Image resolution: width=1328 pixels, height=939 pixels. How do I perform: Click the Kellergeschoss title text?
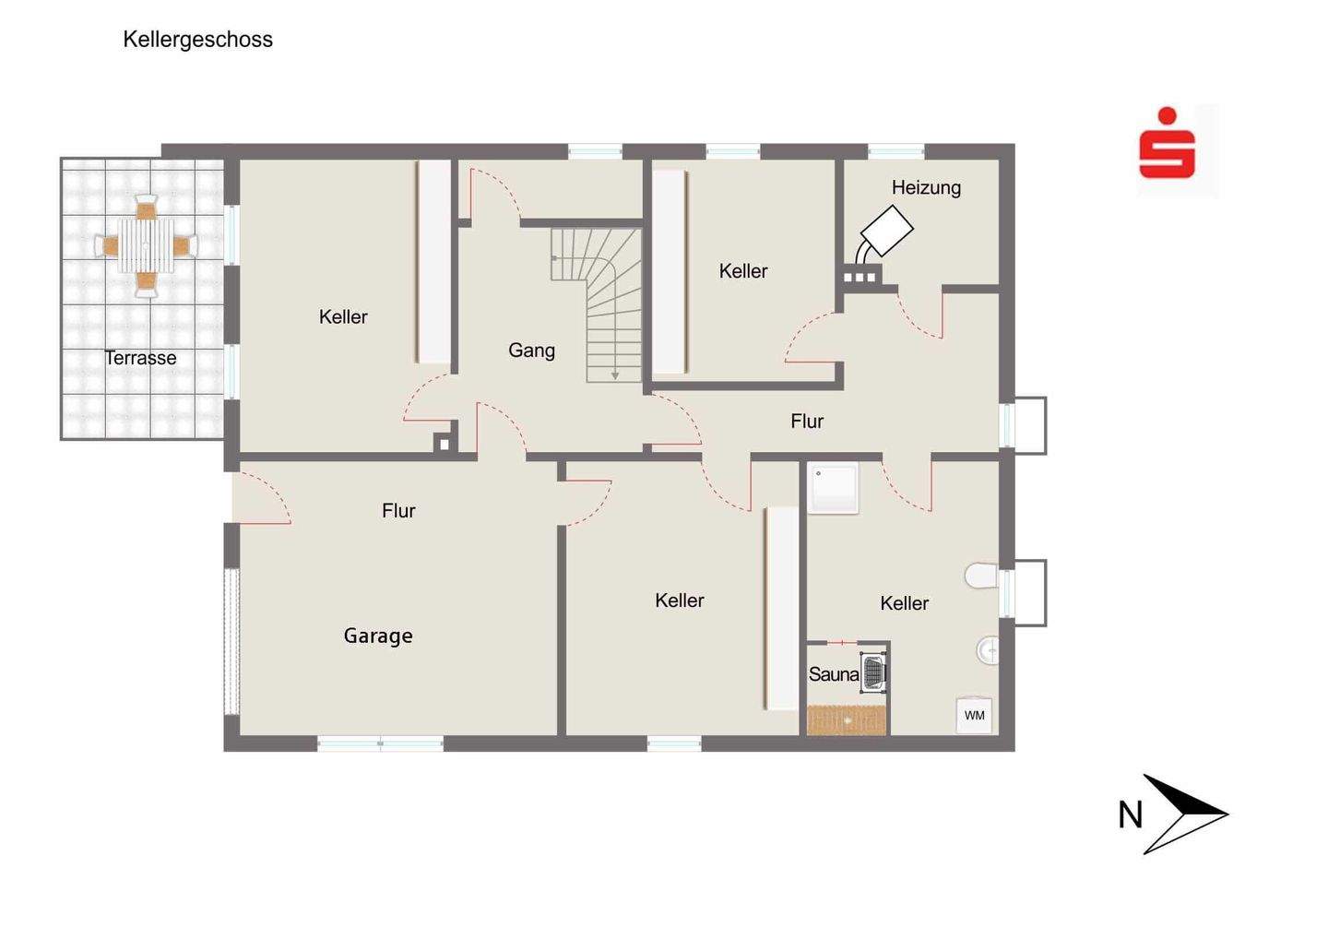[x=197, y=40]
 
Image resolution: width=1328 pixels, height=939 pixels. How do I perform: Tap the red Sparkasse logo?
[x=1167, y=146]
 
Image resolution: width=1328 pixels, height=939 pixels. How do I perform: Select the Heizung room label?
[x=926, y=188]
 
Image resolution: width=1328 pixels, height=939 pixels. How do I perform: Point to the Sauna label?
[x=833, y=674]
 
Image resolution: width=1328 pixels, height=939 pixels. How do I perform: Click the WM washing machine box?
[x=974, y=716]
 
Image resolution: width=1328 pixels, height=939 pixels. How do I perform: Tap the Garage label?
[x=378, y=636]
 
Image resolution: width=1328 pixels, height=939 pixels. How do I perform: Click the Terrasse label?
[x=140, y=358]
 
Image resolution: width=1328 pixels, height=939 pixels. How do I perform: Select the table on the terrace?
[x=146, y=246]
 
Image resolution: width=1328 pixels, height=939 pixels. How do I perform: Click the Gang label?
[x=531, y=351]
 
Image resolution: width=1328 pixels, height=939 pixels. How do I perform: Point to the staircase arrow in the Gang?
[x=615, y=374]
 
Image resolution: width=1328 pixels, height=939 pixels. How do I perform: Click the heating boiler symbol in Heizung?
[x=886, y=230]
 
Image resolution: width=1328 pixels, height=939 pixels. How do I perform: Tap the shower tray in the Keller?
[x=833, y=487]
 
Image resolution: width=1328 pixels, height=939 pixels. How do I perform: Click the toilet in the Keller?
[x=981, y=576]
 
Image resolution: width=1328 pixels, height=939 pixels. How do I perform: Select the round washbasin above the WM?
[x=988, y=651]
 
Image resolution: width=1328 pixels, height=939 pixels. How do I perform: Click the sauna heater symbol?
[x=873, y=671]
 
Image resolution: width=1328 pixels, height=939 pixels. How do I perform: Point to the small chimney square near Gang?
[x=444, y=444]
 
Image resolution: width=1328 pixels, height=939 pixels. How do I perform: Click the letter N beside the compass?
[x=1130, y=815]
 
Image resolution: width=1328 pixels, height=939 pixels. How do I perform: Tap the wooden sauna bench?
[x=846, y=719]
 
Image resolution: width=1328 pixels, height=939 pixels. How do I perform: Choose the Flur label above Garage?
[x=398, y=511]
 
